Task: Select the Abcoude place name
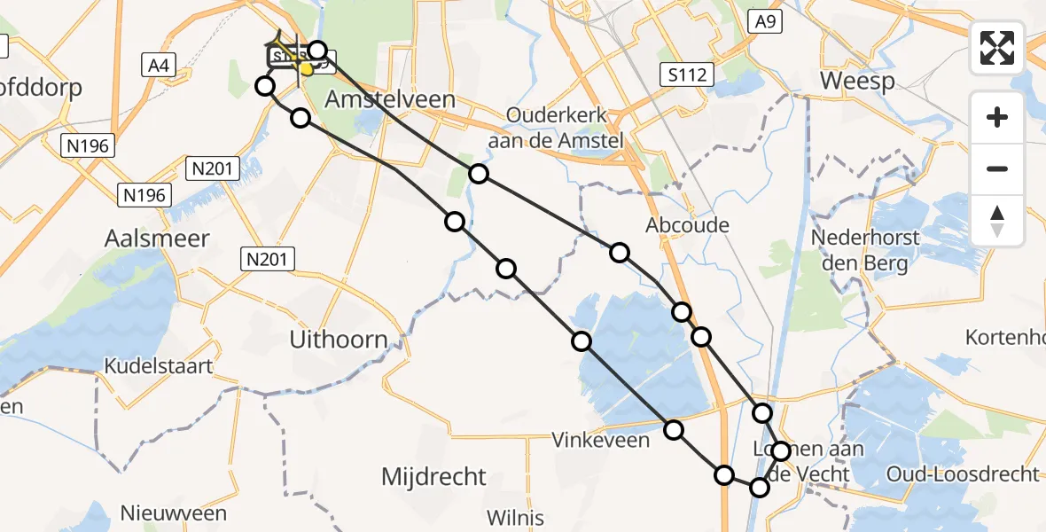pos(688,225)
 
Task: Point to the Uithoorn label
pos(340,339)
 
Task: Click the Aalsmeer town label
pos(157,239)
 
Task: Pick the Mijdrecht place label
pos(433,476)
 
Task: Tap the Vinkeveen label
pos(600,440)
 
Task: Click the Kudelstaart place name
pos(159,365)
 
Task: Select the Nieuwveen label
pos(173,513)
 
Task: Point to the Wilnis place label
pos(516,518)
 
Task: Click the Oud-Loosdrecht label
pos(962,474)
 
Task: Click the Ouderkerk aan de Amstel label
pos(566,127)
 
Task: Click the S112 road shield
pos(688,75)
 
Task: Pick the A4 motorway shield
pos(160,64)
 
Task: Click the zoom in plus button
pos(997,117)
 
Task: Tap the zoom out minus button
pos(997,168)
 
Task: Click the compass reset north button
pos(997,220)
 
